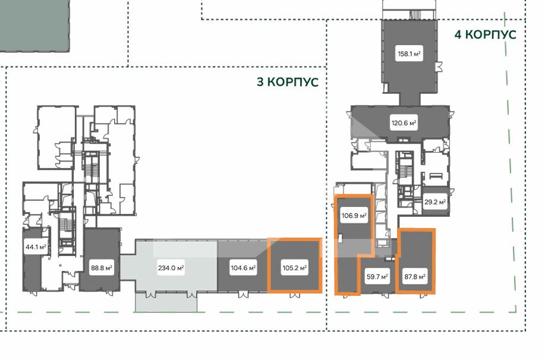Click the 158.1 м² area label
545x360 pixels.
tap(409, 54)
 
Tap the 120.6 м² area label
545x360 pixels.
tap(404, 123)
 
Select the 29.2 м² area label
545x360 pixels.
tap(435, 201)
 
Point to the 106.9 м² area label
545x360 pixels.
tap(354, 216)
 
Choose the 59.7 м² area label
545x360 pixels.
tap(377, 277)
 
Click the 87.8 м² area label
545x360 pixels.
tap(415, 277)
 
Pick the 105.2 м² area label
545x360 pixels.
tap(294, 268)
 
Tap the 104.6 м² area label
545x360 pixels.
tap(243, 268)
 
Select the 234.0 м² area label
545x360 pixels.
tap(171, 268)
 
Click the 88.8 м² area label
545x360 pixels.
tap(101, 268)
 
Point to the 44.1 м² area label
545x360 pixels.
tap(36, 247)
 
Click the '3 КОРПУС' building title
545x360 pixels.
tap(288, 82)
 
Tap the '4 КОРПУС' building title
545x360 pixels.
tap(485, 34)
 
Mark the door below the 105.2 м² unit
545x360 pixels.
tap(295, 295)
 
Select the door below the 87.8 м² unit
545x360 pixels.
tap(423, 296)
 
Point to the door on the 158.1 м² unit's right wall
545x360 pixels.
tap(440, 67)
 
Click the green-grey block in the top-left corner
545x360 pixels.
tap(34, 26)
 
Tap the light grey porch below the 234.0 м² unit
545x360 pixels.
tap(166, 302)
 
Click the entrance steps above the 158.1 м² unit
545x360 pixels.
tap(415, 15)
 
